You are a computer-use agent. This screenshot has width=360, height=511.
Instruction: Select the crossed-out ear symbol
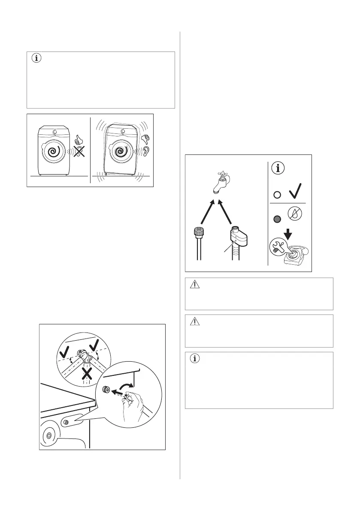coord(78,152)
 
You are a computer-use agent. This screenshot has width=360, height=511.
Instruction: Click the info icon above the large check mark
coord(279,168)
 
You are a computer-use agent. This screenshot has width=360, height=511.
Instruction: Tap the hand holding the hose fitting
coord(130,408)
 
